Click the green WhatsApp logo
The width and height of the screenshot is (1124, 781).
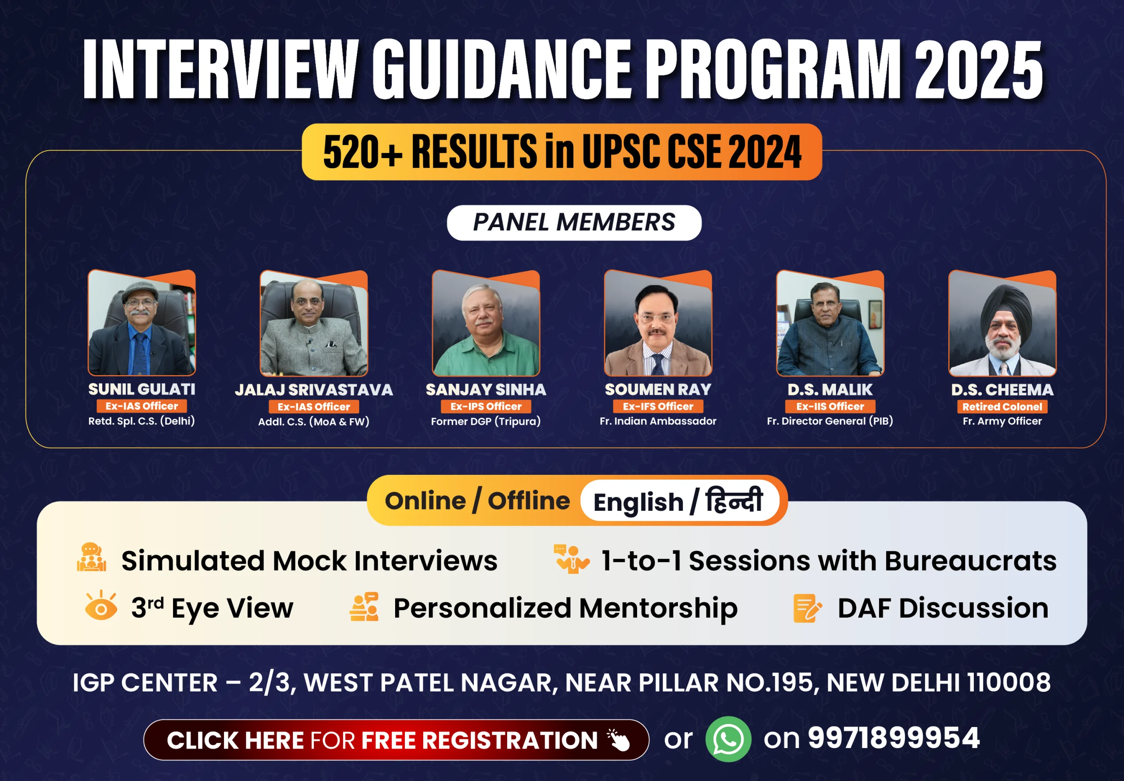pos(728,739)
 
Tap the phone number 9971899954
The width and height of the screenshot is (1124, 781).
pos(893,738)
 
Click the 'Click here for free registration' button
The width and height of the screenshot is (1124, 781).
pos(396,739)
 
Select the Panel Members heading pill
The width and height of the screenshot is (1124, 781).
pos(574,223)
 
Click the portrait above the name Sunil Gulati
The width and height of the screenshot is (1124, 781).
pos(142,322)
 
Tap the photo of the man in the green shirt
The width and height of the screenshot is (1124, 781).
pos(486,322)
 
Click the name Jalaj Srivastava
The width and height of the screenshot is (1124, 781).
pos(314,390)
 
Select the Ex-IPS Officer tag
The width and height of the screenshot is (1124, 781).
pos(486,406)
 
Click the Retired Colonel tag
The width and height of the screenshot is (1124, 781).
pos(1002,407)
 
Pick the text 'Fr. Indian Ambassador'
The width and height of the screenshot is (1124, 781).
pos(658,421)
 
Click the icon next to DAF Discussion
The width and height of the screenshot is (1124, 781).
pos(807,608)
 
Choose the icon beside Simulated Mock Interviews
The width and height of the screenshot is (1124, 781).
pos(91,557)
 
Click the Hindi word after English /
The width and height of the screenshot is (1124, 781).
pos(734,500)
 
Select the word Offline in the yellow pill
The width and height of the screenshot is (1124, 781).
pos(529,501)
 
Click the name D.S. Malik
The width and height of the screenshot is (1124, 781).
pos(830,390)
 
